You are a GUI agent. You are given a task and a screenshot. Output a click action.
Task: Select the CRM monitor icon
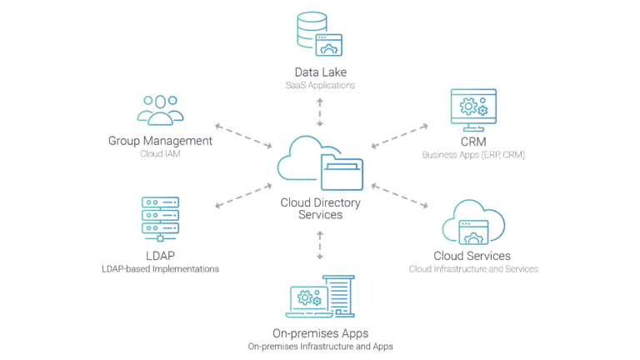472,110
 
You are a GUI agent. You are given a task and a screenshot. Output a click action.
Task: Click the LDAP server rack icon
160,217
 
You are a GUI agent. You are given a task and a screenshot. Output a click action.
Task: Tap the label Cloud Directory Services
320,209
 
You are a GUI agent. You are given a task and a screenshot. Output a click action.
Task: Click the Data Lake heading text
319,72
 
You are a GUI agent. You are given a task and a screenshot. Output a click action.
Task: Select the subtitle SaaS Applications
319,85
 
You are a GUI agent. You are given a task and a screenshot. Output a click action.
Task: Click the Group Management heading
160,142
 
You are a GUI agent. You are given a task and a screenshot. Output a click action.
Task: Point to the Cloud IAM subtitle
160,154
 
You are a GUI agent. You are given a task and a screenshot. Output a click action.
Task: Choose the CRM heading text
472,142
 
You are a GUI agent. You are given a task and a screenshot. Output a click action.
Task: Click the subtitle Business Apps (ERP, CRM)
472,155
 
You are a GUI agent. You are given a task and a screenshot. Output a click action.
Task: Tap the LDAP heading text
160,256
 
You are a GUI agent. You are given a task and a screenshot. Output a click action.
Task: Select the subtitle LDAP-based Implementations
160,269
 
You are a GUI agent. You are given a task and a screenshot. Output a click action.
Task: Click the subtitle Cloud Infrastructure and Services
472,269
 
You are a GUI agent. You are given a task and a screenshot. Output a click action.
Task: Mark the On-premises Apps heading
320,332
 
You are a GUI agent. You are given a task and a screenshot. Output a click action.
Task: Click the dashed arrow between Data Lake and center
319,110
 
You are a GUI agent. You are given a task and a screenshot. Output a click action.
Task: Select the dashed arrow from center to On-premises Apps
320,247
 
